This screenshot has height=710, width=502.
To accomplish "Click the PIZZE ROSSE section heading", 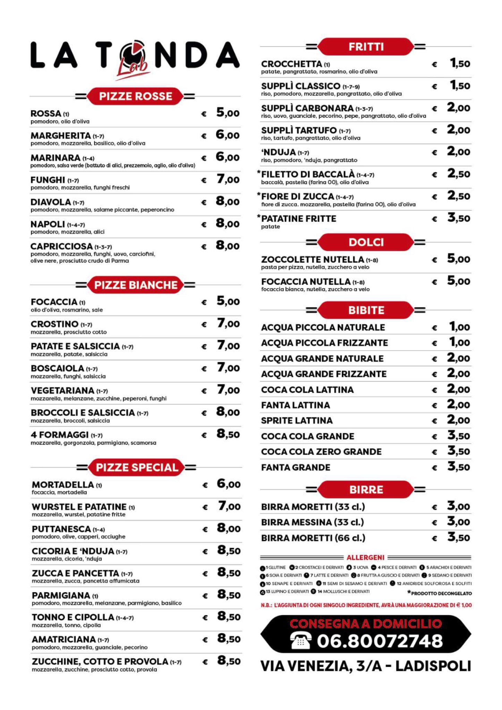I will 135,96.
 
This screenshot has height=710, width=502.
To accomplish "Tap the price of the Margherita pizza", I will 228,135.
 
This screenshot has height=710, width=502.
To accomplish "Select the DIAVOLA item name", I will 51,202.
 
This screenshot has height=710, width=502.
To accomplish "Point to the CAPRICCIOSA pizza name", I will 61,246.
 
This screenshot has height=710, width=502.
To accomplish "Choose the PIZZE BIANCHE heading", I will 136,285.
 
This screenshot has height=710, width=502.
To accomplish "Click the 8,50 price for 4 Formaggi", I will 228,434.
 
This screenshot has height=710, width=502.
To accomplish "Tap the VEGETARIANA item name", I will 62,390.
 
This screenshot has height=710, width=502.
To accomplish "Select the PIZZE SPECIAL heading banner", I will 137,467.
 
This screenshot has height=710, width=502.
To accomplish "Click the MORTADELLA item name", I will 63,484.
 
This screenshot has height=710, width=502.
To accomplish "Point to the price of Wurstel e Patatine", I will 229,506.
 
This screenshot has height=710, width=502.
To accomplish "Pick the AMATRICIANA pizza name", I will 63,639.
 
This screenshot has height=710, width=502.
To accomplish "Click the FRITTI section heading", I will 366,47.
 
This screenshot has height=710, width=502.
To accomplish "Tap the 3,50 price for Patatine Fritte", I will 459,218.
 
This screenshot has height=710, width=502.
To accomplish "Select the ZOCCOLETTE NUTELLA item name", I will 313,259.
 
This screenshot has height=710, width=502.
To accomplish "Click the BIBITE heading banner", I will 366,310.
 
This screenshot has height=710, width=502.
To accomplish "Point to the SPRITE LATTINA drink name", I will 297,421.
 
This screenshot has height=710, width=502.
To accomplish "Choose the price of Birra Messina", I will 458,522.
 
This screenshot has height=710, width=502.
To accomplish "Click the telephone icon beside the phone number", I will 301,641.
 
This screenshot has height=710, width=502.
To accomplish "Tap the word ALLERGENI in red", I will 365,557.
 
